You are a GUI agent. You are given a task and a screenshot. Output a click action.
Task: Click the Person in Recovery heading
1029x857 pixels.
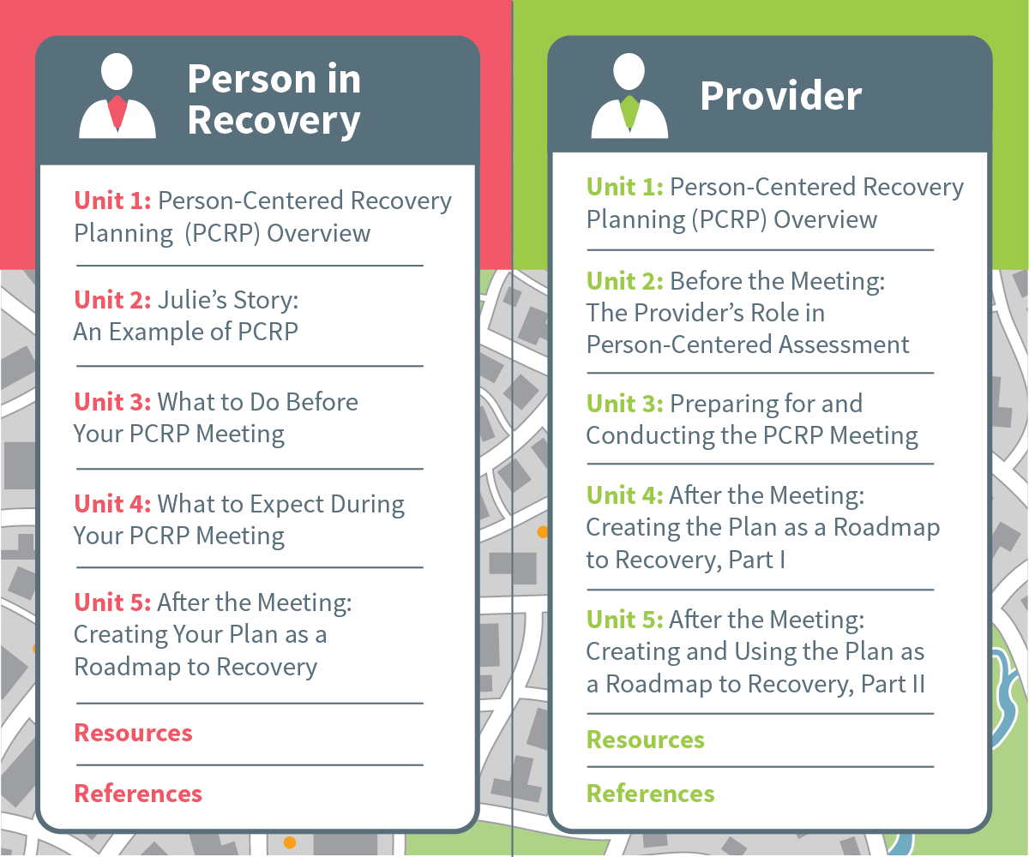pyautogui.click(x=274, y=100)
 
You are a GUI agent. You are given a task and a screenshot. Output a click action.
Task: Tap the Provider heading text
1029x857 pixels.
pyautogui.click(x=781, y=95)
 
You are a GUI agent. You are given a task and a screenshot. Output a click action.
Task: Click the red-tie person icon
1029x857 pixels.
pyautogui.click(x=117, y=95)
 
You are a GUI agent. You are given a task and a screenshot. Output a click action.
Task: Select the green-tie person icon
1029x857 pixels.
pyautogui.click(x=629, y=95)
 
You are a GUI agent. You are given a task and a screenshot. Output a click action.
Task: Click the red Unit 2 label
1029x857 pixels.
pyautogui.click(x=112, y=300)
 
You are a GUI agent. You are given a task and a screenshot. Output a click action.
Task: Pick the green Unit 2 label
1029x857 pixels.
pyautogui.click(x=625, y=281)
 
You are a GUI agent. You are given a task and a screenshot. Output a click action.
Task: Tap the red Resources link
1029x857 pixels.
pyautogui.click(x=133, y=733)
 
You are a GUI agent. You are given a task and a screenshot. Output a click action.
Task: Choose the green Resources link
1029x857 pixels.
pyautogui.click(x=646, y=740)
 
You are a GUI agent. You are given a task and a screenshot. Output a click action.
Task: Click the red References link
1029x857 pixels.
pyautogui.click(x=138, y=794)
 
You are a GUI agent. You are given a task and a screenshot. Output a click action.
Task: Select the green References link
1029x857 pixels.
pyautogui.click(x=651, y=794)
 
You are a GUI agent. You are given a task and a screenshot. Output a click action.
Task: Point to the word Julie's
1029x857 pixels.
pyautogui.click(x=191, y=300)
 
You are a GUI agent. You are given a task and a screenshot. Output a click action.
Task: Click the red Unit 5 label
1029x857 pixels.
pyautogui.click(x=112, y=602)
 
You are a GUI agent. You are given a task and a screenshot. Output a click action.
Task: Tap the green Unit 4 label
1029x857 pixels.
pyautogui.click(x=625, y=495)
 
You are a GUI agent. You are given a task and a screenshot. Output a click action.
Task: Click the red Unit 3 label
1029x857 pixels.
pyautogui.click(x=112, y=402)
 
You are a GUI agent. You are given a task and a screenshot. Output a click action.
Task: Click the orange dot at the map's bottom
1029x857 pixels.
pyautogui.click(x=290, y=842)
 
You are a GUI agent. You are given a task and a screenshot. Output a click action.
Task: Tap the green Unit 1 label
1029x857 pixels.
pyautogui.click(x=625, y=187)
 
